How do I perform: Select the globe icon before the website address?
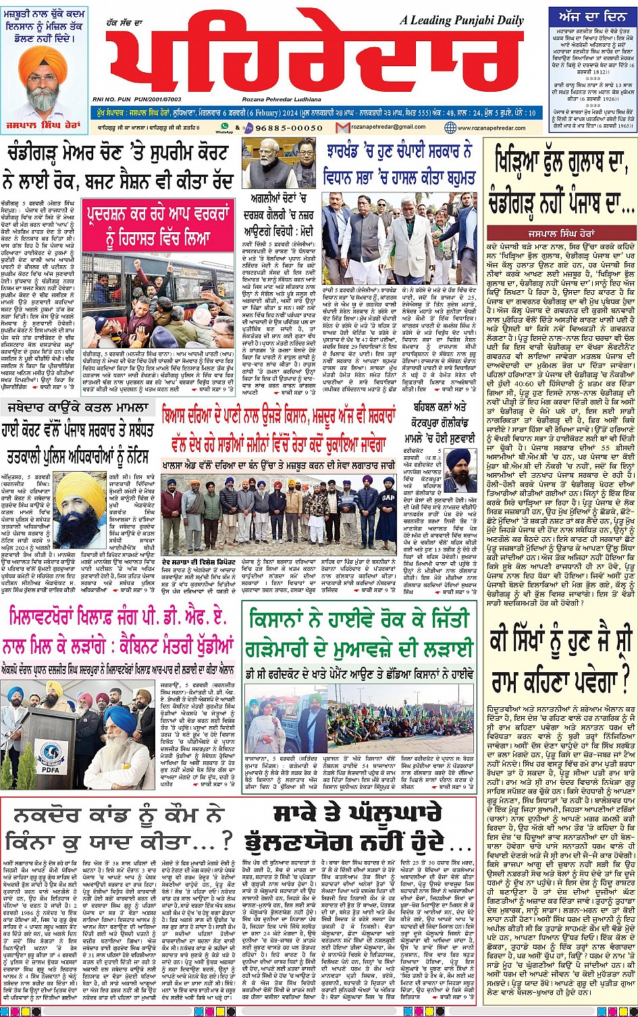click(450, 128)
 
